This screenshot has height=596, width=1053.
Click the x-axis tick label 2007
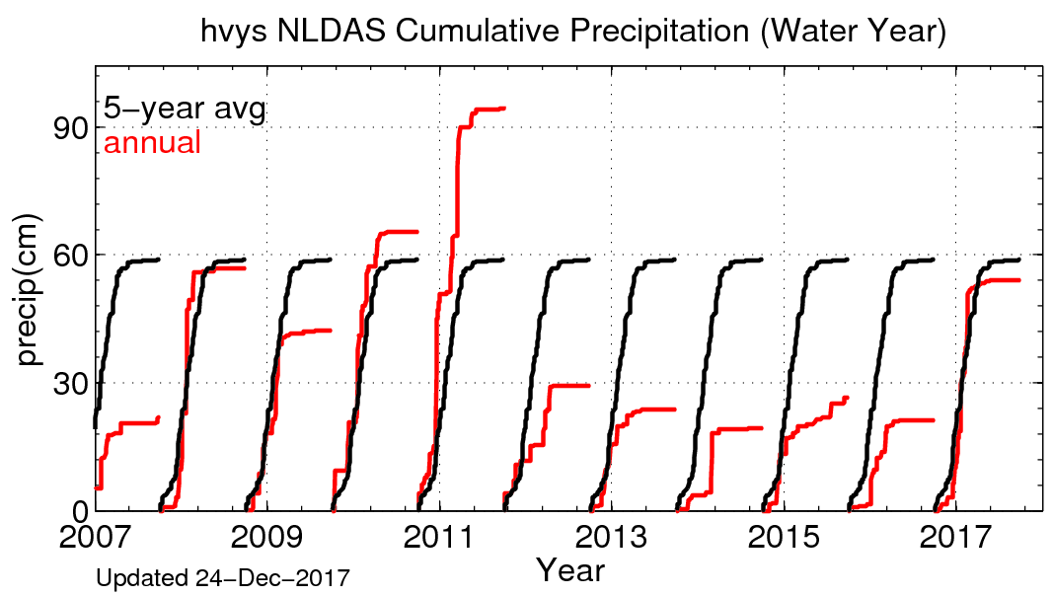(96, 540)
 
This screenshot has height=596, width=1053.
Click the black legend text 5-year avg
(185, 109)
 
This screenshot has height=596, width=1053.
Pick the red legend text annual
(153, 143)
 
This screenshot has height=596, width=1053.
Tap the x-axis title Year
(569, 570)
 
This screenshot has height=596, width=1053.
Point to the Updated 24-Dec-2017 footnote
(223, 577)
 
